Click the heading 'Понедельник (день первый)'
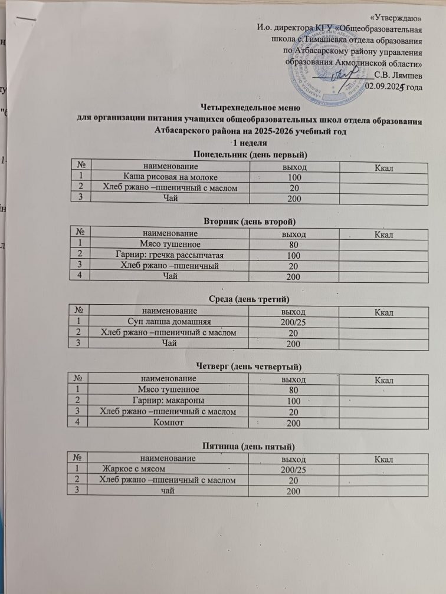click(x=251, y=154)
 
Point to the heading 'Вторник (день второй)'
click(x=249, y=221)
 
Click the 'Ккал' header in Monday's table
click(x=384, y=167)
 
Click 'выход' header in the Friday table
click(x=293, y=458)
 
